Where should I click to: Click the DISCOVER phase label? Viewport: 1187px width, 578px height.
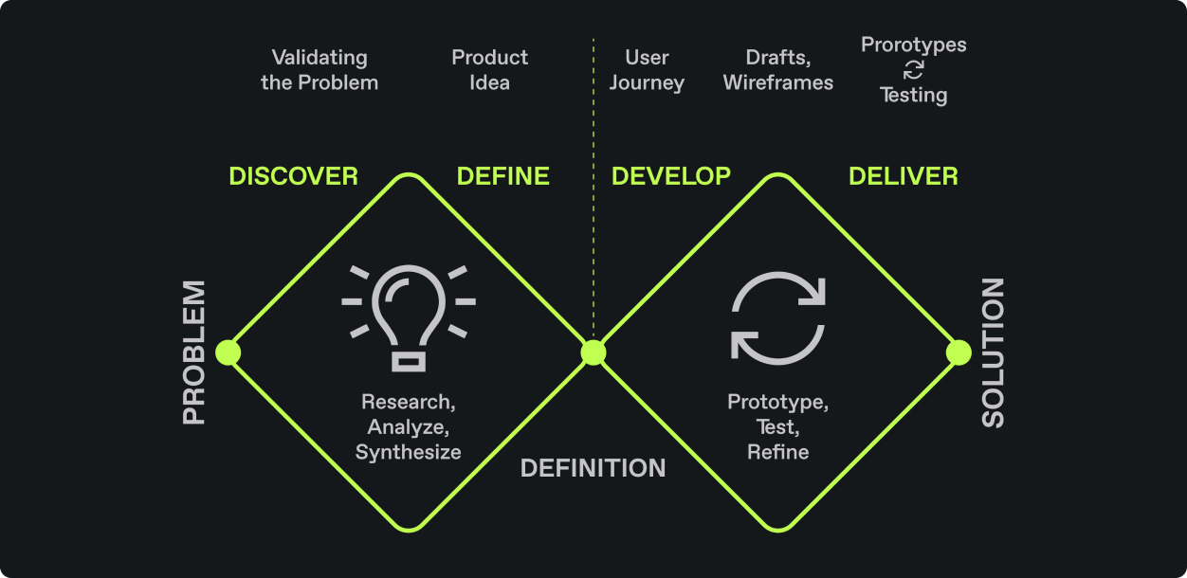point(293,176)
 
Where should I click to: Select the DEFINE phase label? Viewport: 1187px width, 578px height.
point(502,176)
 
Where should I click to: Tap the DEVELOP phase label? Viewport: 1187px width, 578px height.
point(671,176)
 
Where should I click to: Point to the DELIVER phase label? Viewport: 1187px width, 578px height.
point(904,176)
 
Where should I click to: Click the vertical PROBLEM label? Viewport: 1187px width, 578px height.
point(194,352)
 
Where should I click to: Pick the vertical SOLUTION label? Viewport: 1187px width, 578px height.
point(993,352)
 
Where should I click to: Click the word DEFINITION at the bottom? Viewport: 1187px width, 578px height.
point(593,468)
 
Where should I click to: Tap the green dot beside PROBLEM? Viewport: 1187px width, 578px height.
point(228,352)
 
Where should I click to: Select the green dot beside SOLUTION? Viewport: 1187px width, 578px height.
point(959,352)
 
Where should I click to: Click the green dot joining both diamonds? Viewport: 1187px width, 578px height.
point(593,352)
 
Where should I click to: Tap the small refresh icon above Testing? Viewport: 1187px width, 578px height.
point(914,69)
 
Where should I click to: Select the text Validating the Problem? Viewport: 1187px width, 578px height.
point(320,70)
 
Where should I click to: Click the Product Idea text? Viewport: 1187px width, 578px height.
point(489,70)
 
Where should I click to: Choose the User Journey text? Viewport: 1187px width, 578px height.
point(647,70)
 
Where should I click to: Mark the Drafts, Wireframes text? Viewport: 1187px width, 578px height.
point(778,70)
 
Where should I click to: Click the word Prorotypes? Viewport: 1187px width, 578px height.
point(914,45)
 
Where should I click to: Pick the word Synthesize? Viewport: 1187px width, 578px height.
point(408,452)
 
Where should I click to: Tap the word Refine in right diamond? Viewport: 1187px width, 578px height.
point(778,452)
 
